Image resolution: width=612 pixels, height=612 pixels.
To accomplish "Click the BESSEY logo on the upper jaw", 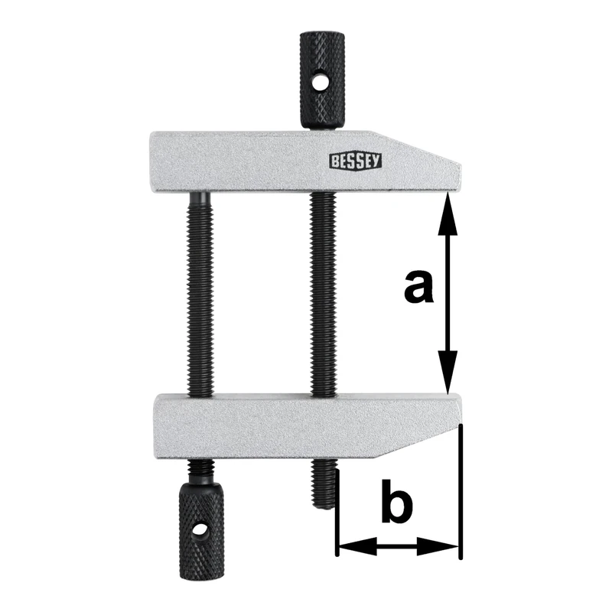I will (356, 160).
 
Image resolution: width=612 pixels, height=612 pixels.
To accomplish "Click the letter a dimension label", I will (418, 288).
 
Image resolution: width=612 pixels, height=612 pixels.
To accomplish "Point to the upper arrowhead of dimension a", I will (449, 210).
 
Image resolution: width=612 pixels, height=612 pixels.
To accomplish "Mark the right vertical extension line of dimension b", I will (462, 490).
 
